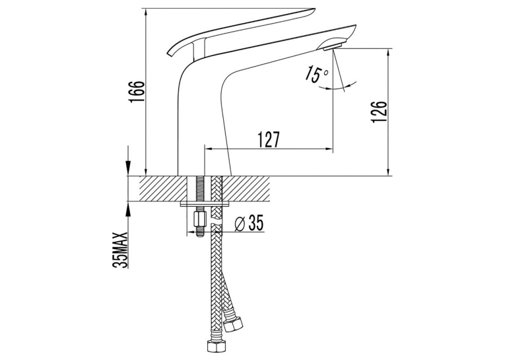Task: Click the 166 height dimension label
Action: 137,92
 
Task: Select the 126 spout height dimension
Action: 379,112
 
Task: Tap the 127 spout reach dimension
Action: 269,139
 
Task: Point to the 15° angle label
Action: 317,74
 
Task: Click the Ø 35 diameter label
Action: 250,223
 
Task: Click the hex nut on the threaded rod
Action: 199,219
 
